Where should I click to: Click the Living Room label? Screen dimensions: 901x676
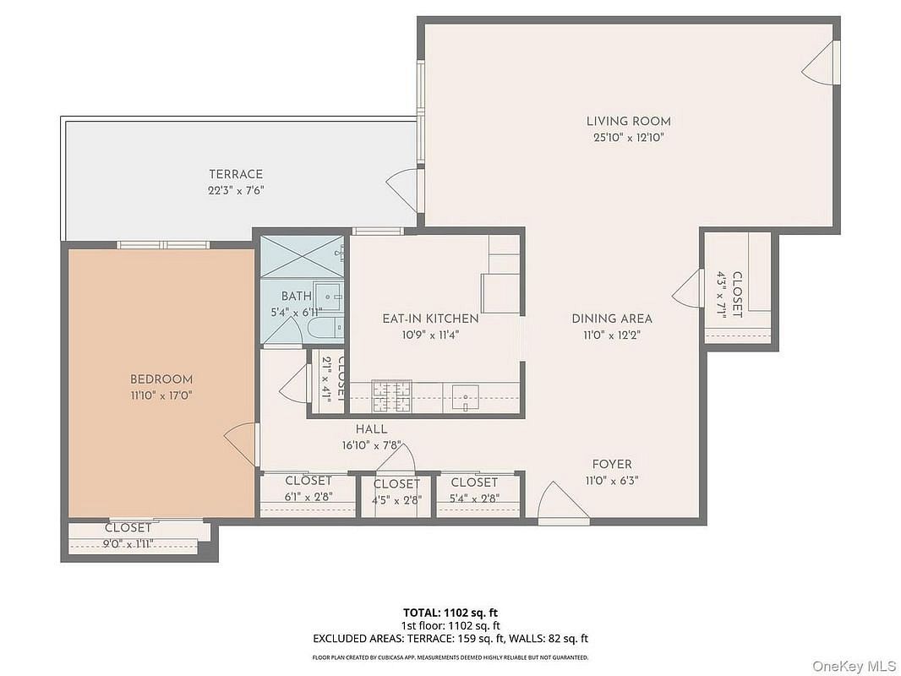pos(628,121)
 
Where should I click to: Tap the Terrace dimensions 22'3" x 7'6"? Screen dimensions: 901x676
pos(236,190)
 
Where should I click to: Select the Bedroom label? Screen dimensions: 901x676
pos(161,379)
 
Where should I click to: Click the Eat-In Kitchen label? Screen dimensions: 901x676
pos(430,319)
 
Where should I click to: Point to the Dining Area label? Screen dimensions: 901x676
pos(612,319)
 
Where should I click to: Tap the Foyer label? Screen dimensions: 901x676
pos(612,464)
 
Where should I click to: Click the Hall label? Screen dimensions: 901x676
pos(371,429)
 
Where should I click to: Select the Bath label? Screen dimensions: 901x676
pos(297,297)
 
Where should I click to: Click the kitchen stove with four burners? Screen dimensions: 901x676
pos(392,396)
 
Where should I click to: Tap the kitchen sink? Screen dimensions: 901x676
pos(466,397)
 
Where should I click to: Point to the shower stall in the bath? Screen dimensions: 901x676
pos(303,255)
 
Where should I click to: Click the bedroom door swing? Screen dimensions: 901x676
pos(240,445)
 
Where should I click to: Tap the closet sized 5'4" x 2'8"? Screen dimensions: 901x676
pos(475,495)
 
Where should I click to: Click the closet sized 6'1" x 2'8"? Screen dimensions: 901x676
pos(308,495)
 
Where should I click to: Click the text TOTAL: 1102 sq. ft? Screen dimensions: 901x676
pos(446,613)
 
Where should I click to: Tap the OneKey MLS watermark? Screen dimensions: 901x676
pos(854,666)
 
